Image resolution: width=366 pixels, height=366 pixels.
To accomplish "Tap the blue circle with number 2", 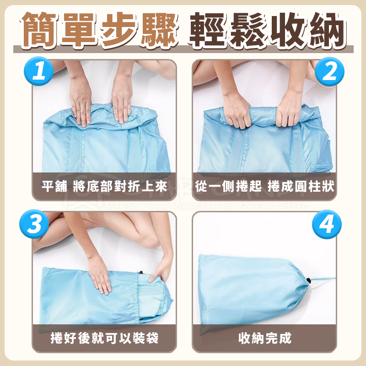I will click(x=328, y=72).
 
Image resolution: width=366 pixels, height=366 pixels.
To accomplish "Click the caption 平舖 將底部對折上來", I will click(x=104, y=187).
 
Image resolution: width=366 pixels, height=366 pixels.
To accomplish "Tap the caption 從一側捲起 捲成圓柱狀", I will click(x=264, y=187).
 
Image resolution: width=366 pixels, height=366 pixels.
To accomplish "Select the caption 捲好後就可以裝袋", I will click(x=104, y=339).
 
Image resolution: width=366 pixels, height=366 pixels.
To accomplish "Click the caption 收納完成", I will click(x=264, y=339).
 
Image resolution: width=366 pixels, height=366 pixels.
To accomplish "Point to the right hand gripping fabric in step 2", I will click(x=289, y=109).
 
